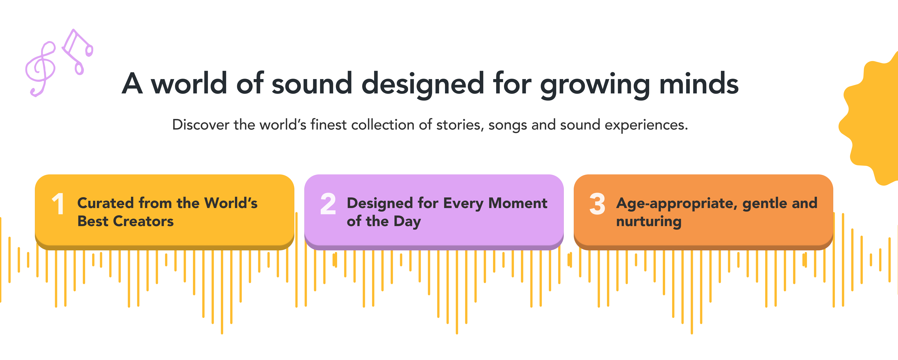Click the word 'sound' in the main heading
tap(312, 84)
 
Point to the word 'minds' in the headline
tap(699, 84)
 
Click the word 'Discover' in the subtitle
tap(201, 125)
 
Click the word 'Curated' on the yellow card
tap(105, 203)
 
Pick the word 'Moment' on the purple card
tap(518, 203)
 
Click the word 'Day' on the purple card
tap(407, 222)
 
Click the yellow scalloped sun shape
tap(871, 119)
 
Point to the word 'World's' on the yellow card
tap(231, 203)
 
